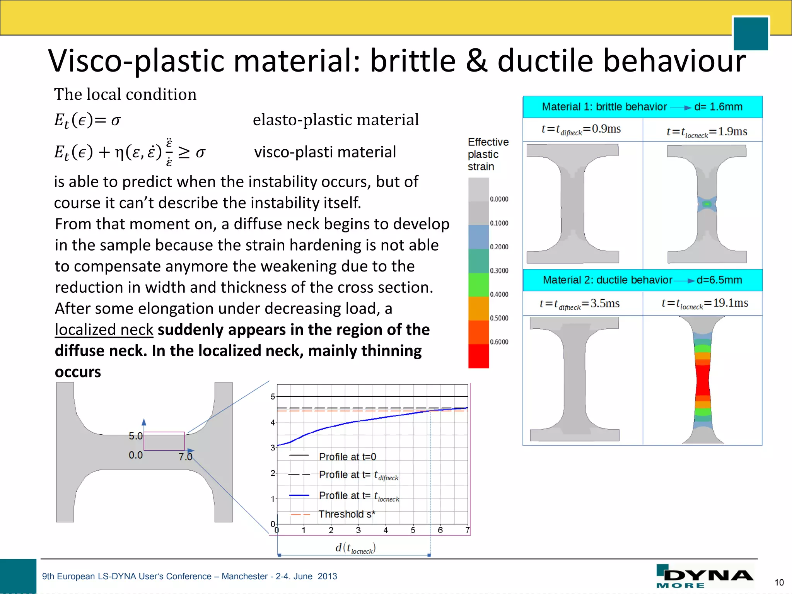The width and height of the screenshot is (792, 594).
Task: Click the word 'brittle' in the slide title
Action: coord(413,61)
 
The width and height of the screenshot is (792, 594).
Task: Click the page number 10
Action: coord(779,582)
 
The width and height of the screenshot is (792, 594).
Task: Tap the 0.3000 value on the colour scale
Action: coord(499,271)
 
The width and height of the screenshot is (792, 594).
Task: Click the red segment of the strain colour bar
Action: coord(478,356)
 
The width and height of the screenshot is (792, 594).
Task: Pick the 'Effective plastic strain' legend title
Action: coord(488,154)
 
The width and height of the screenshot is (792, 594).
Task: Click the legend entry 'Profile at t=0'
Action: coord(347,457)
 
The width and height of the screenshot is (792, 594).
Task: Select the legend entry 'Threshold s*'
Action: coord(346,514)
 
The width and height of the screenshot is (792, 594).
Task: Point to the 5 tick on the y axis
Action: coord(273,397)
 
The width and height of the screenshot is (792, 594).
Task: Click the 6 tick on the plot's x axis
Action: coord(440,530)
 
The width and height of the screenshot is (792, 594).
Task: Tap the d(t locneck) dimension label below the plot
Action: coord(355,548)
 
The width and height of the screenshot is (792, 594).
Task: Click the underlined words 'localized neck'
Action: coord(104,330)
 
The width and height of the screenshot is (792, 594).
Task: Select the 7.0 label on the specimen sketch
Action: coord(185,457)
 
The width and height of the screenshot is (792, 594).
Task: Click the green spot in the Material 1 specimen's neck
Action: coord(707,204)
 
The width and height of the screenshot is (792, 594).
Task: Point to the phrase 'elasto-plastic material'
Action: coord(335,120)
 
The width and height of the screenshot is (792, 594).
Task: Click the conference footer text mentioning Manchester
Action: coord(189,576)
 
